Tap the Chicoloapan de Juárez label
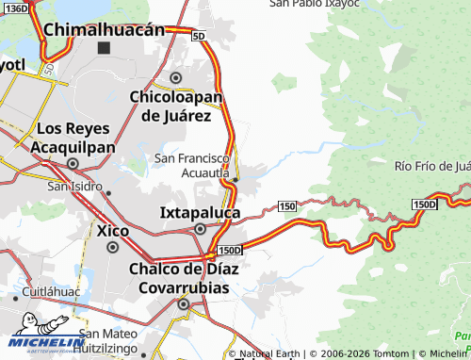[x=175, y=106]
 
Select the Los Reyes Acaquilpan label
[x=73, y=138]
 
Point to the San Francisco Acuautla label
[x=192, y=166]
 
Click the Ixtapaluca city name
[x=199, y=212]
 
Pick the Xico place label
[x=113, y=229]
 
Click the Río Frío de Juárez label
[x=432, y=167]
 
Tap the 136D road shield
[x=15, y=8]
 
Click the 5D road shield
[x=198, y=36]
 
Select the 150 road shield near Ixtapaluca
[x=287, y=205]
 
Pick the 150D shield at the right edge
[x=425, y=205]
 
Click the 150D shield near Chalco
[x=230, y=250]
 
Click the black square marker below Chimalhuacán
[x=104, y=47]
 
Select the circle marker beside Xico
[x=113, y=247]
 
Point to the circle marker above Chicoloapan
[x=175, y=77]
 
